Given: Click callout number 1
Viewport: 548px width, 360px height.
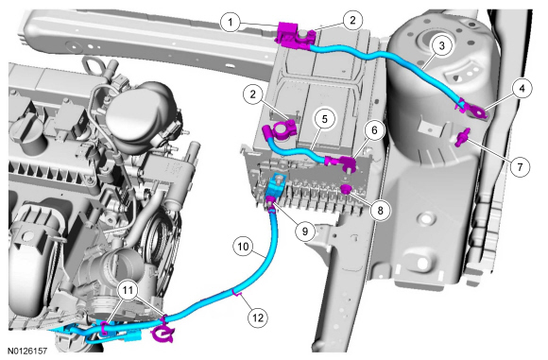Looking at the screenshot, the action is pos(230,23).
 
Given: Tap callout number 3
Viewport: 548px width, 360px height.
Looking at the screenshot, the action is pos(442,45).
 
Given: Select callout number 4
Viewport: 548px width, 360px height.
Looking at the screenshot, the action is pos(522,89).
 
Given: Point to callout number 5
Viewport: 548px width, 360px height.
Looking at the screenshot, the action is pos(325,119).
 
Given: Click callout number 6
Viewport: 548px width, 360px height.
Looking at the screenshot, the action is pos(374,130).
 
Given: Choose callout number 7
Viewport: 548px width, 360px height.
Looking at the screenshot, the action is pos(520,167).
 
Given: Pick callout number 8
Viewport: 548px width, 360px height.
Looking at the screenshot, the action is pos(380,210).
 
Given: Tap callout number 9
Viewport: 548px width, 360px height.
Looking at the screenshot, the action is pos(305,231).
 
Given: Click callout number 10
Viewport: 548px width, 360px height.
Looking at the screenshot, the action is pos(243,247).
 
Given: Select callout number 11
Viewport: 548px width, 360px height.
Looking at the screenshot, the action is pos(128,290).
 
